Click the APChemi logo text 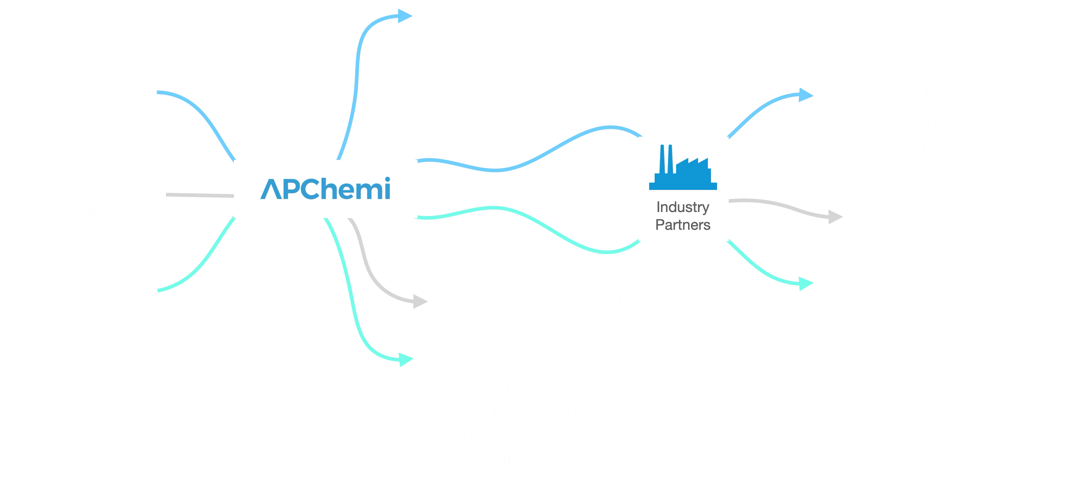(x=325, y=189)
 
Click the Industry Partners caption (x=683, y=216)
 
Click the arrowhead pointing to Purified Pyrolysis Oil (x=404, y=17)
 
